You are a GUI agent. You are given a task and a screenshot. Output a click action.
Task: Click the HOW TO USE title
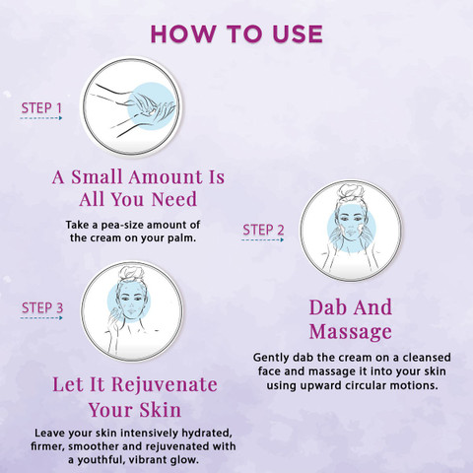pos(236,34)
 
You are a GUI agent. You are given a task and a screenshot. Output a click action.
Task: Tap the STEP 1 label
pos(41,108)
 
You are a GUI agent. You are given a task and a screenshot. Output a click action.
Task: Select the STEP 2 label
pos(263,230)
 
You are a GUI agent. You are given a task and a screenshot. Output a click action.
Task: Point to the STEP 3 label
pos(42,307)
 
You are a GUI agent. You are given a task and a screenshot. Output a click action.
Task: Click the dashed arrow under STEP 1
pos(41,118)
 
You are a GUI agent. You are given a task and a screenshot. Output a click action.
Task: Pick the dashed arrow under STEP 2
pos(262,239)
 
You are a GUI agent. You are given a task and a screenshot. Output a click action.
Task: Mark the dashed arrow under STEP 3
pos(41,317)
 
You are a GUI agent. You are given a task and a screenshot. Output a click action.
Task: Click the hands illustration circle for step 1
pos(131,106)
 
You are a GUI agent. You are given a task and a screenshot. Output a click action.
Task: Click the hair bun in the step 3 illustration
pos(132,274)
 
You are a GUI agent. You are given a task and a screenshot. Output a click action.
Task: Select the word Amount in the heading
pos(166,177)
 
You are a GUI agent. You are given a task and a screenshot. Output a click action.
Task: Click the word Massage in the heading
pos(351,332)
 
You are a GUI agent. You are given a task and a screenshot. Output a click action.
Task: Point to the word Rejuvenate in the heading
pos(165,385)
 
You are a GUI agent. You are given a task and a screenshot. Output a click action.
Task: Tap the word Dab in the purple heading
pos(324,307)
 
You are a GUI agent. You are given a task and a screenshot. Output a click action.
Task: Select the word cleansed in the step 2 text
pos(427,358)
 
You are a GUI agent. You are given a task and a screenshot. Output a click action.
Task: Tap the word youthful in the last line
pos(99,459)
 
